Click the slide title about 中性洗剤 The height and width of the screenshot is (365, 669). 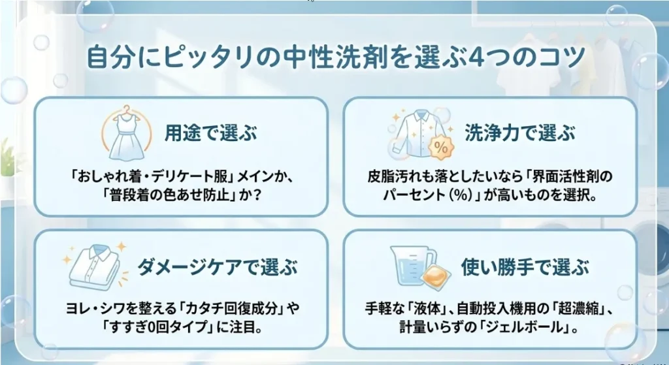pyautogui.click(x=336, y=57)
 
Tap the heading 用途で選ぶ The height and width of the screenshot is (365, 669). pyautogui.click(x=211, y=133)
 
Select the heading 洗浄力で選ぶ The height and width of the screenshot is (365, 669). pyautogui.click(x=519, y=133)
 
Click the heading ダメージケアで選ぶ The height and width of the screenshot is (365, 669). pyautogui.click(x=218, y=266)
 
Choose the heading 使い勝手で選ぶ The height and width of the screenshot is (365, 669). pyautogui.click(x=525, y=267)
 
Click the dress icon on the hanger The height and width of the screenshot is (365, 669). pyautogui.click(x=127, y=133)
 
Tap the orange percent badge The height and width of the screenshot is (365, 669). pyautogui.click(x=440, y=148)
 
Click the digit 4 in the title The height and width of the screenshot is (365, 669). pyautogui.click(x=476, y=58)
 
